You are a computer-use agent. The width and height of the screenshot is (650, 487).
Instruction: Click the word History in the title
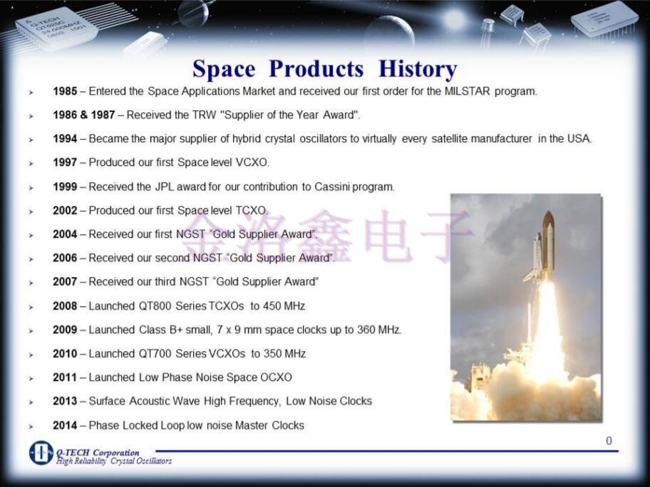pos(418,69)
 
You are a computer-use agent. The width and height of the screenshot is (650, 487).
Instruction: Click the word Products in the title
pos(316,68)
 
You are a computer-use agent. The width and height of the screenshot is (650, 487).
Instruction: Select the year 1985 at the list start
pos(65,91)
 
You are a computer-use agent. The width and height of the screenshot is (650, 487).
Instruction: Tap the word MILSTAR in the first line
pos(467,91)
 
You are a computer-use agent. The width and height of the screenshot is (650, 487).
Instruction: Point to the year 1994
pos(65,139)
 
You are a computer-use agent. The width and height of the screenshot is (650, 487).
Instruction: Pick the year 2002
pos(65,211)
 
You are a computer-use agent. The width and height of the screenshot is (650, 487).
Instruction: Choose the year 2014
pos(65,425)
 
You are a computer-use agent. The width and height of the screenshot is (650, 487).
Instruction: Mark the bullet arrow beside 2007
pos(31,283)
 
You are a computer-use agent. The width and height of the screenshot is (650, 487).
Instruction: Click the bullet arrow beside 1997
pos(31,164)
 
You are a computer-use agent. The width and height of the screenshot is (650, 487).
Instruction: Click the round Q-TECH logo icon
pos(41,453)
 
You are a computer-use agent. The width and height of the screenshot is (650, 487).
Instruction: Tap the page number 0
pos(609,441)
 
